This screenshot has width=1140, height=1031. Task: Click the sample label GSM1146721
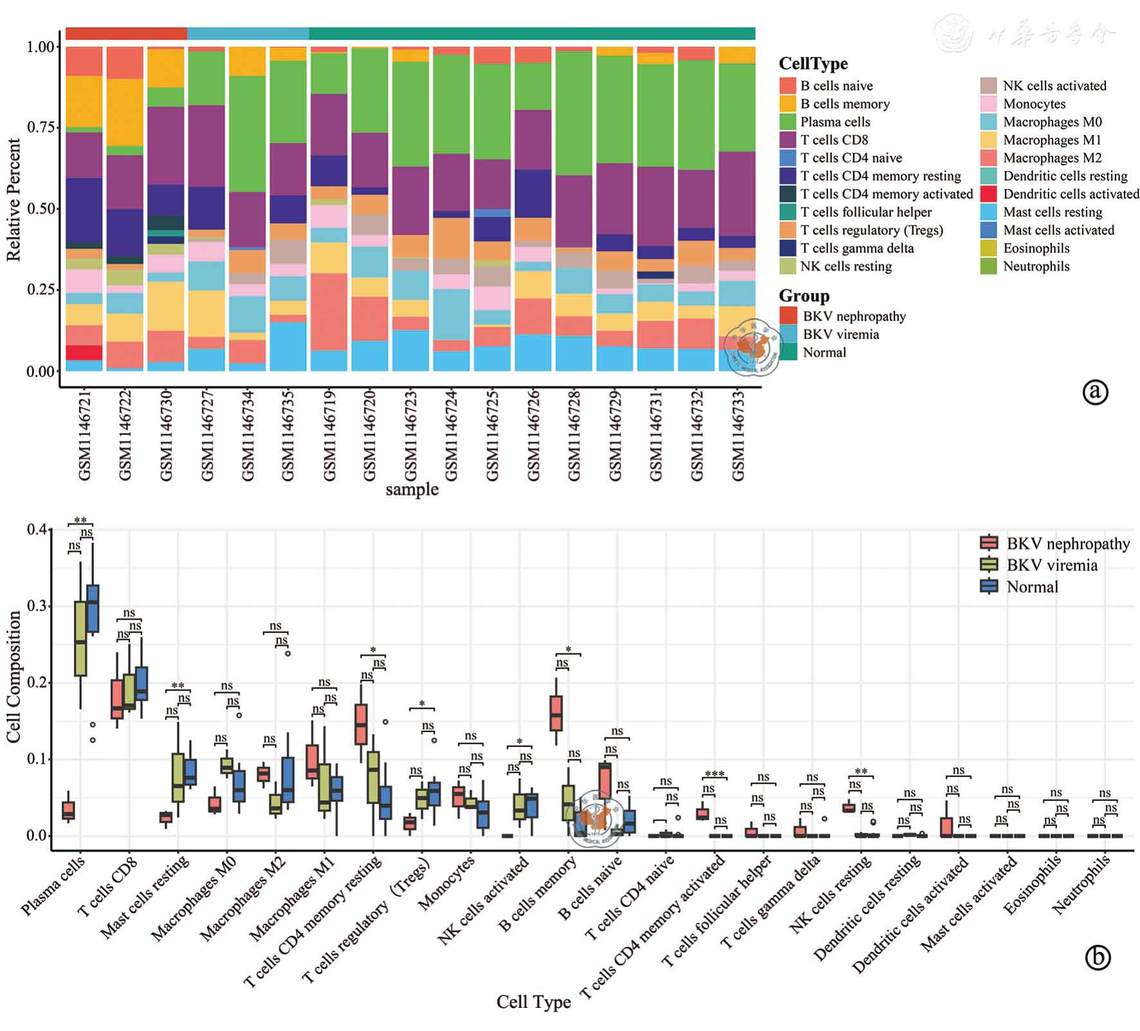point(84,435)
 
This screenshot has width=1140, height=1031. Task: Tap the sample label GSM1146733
point(738,435)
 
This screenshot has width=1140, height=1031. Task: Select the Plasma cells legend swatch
point(788,121)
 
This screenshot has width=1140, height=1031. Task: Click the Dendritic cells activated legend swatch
point(989,193)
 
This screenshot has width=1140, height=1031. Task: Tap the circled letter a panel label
point(1095,391)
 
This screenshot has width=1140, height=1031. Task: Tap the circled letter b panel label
point(1098,958)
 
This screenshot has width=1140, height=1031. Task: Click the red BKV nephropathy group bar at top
point(126,33)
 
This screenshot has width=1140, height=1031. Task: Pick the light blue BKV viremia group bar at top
point(248,33)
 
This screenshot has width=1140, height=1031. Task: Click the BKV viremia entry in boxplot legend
point(1052,565)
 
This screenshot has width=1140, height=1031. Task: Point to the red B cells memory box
point(556,713)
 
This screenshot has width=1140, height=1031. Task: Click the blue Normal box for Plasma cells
point(93,607)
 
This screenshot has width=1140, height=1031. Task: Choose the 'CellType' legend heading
point(813,64)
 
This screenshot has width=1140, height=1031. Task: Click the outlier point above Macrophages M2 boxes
point(287,653)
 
